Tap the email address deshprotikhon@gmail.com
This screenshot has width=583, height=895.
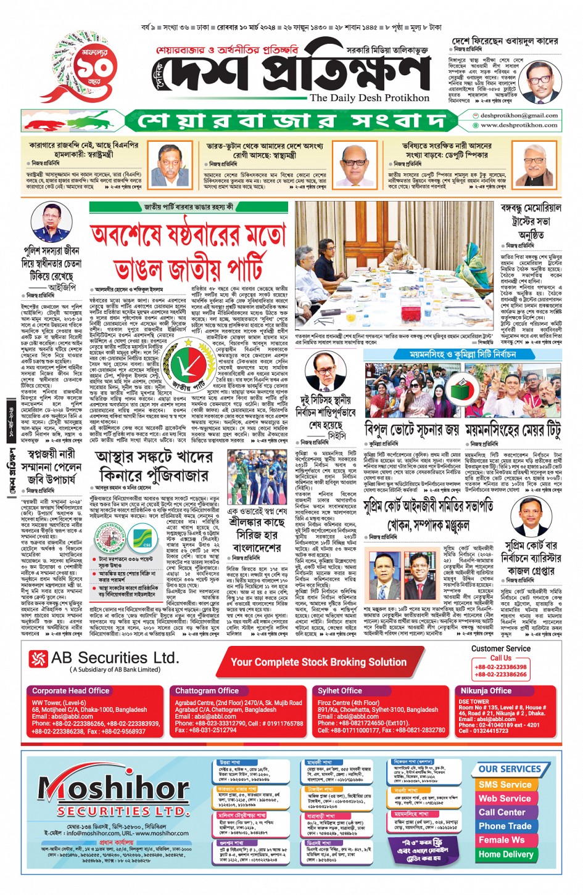point(519,115)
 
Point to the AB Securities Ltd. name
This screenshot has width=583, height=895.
point(115,658)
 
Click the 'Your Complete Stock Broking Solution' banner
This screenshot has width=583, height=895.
point(318,662)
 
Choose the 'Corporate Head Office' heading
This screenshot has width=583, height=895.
point(70,691)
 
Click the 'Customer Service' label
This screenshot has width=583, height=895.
point(500,648)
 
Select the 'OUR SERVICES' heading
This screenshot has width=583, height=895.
point(510,769)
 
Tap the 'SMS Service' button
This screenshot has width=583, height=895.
point(505,785)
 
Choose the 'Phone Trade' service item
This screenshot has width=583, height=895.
point(505,826)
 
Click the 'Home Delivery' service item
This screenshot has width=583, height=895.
point(505,854)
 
